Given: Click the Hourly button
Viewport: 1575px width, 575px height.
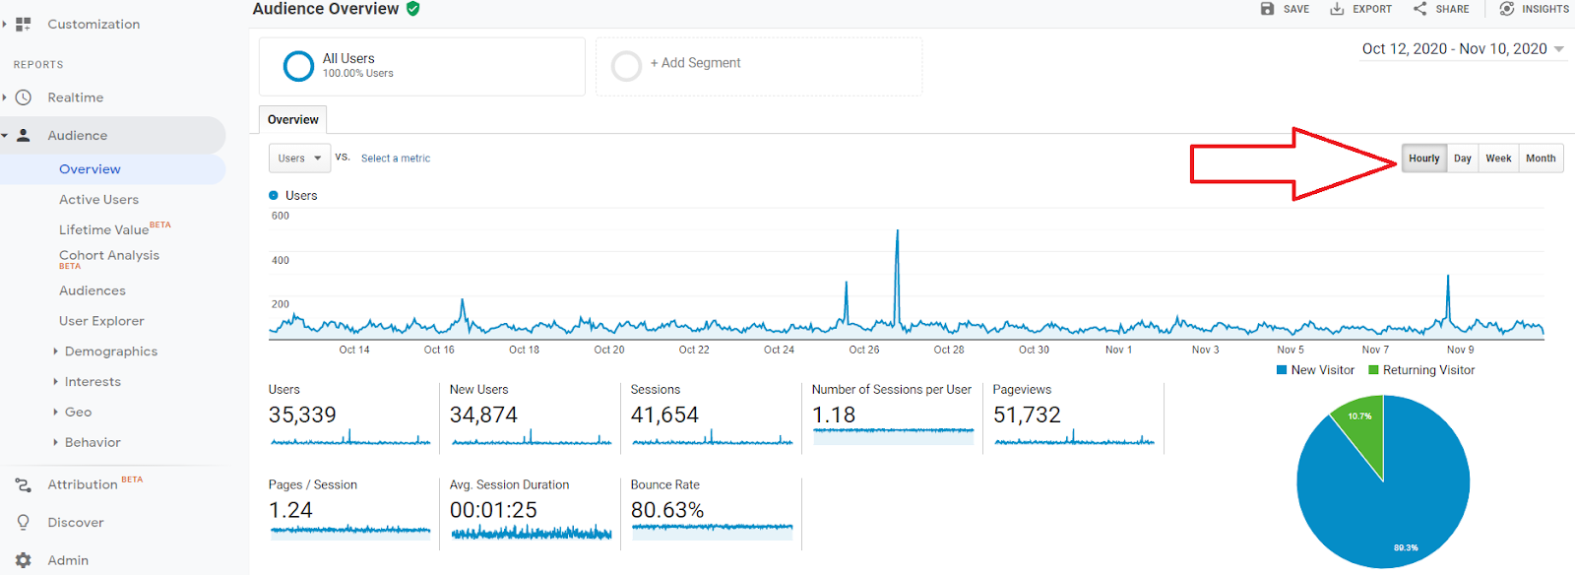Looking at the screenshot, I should point(1423,159).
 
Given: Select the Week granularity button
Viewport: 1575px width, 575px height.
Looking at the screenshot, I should point(1498,159).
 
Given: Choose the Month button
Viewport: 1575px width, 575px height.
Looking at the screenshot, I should point(1541,159).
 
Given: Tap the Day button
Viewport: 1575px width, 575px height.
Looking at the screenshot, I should point(1463,159).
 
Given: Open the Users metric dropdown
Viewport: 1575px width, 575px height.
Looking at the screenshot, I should point(299,159).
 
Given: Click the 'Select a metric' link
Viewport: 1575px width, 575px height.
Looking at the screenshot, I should point(396,159).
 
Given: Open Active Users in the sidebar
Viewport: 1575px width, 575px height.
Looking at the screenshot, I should point(98,200).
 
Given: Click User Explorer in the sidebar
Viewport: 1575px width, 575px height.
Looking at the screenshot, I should point(101,321).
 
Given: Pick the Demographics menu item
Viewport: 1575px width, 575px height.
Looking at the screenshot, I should point(110,351).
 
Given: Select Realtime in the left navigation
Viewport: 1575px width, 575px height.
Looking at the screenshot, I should point(75,97).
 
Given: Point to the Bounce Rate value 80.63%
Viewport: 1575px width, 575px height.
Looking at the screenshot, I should point(667,510).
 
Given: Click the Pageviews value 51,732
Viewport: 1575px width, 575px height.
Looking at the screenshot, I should point(1027,415).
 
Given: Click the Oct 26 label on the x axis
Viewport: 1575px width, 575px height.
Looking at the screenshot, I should point(864,350).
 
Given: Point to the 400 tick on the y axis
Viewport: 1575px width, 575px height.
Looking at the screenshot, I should point(281,261).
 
